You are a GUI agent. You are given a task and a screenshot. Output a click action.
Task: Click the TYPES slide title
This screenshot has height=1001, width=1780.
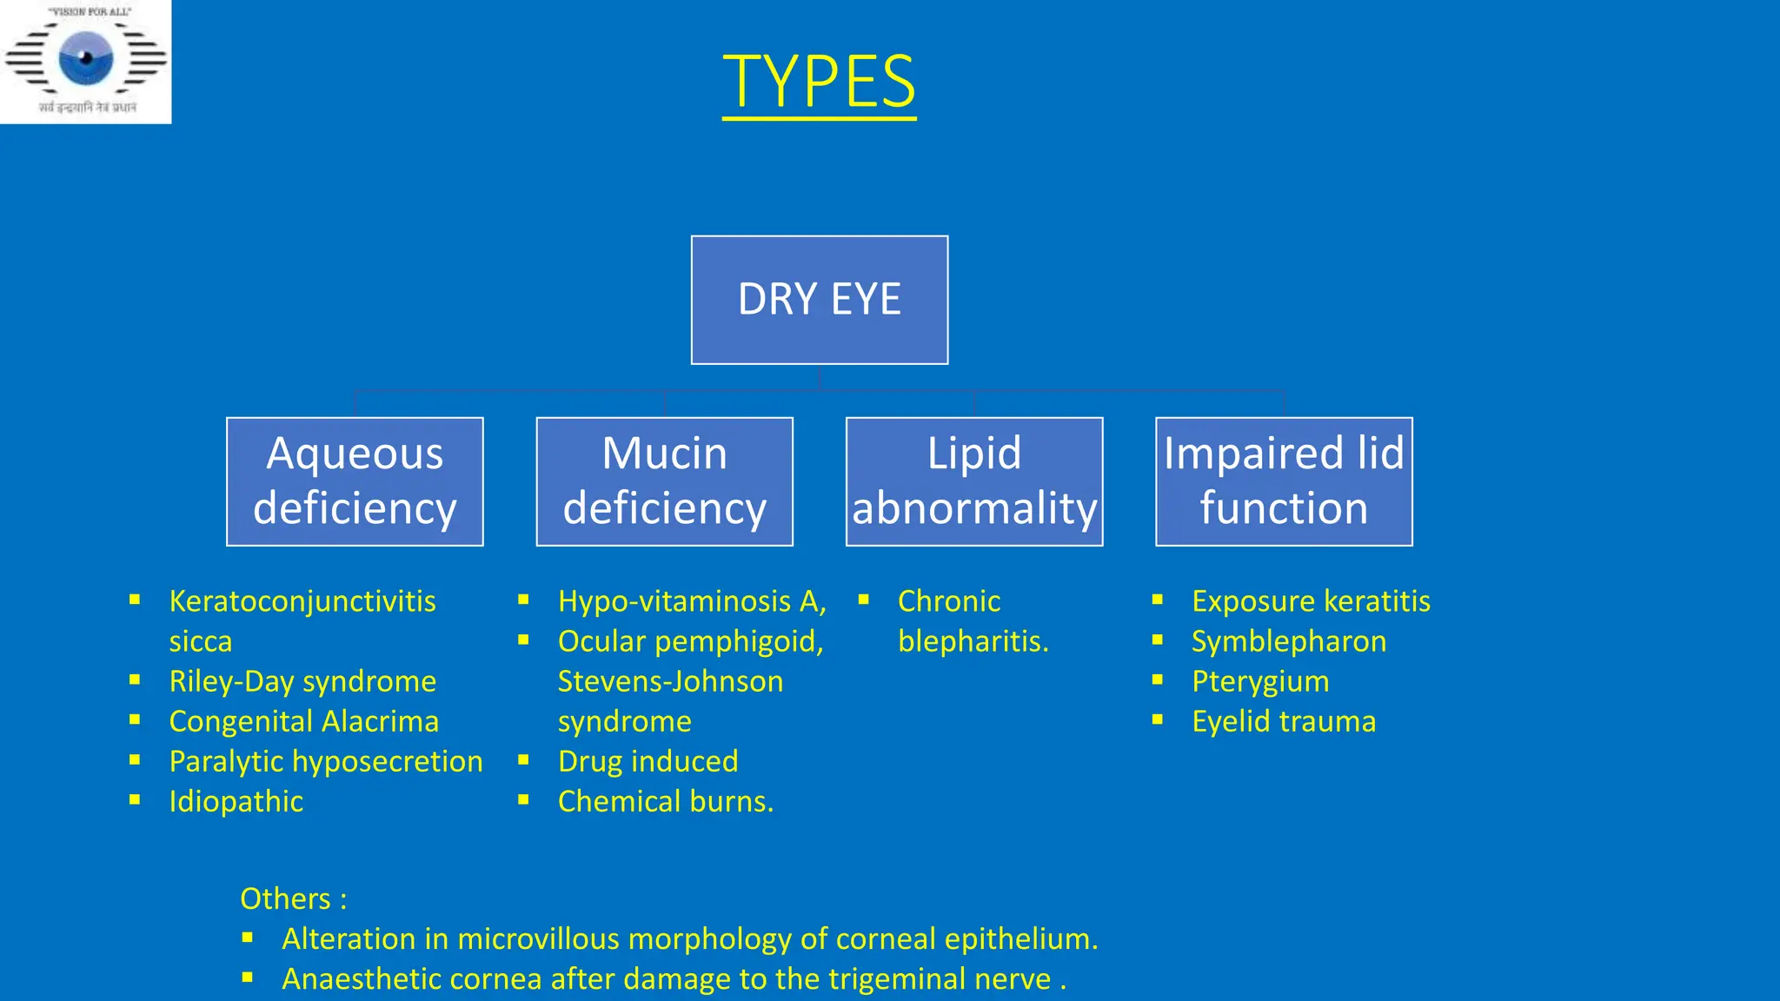pos(819,81)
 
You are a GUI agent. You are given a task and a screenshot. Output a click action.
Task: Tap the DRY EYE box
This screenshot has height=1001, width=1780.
pos(819,300)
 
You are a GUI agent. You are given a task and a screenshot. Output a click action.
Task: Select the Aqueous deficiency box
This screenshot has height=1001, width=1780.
pos(355,481)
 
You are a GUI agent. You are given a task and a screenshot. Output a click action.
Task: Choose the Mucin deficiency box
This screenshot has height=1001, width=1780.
pos(664,481)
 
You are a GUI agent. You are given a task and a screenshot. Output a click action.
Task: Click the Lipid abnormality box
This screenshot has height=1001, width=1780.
pos(974,481)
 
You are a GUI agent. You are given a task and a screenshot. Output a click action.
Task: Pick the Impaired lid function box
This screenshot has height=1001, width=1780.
pos(1284,481)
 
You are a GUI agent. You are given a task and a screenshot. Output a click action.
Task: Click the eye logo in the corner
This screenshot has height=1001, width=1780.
pos(85,59)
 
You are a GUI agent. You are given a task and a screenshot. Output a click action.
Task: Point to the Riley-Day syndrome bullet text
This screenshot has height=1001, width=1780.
pos(302,681)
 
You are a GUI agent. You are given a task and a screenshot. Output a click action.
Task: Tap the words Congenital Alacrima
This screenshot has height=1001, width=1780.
pos(303,721)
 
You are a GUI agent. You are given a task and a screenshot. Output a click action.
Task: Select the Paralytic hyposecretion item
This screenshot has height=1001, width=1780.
pos(325,761)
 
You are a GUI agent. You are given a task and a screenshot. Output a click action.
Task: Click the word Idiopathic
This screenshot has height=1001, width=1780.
pos(236,801)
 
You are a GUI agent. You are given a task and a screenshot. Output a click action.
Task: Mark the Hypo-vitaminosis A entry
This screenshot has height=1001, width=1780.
pos(691,601)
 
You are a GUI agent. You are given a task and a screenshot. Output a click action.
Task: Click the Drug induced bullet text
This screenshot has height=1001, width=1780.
pos(648,761)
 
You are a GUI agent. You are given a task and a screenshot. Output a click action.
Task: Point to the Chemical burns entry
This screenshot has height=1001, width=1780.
pos(665,801)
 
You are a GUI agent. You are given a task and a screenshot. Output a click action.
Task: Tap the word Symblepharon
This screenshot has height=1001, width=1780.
pos(1288,641)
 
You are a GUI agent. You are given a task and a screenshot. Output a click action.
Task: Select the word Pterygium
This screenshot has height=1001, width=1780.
pos(1259,681)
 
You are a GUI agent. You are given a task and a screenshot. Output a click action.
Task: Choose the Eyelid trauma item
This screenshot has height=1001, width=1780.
pos(1283,721)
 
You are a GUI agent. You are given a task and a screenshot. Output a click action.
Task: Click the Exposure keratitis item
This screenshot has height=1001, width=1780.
pos(1310,601)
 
